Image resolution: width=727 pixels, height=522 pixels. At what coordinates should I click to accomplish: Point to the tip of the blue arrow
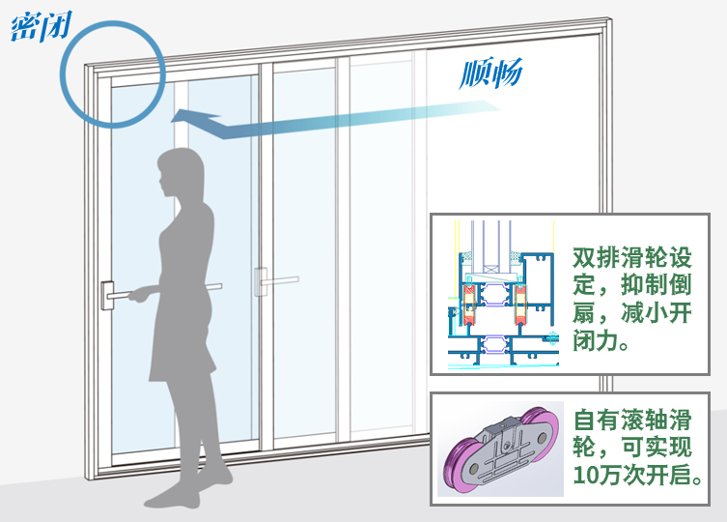point(175,117)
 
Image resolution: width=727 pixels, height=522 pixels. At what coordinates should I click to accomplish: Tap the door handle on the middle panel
point(262,281)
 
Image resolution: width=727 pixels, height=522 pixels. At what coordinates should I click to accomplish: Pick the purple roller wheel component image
point(499,449)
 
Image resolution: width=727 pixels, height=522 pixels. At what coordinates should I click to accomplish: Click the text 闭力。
point(601,342)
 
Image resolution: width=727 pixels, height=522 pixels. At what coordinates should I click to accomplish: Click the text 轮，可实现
point(632,449)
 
